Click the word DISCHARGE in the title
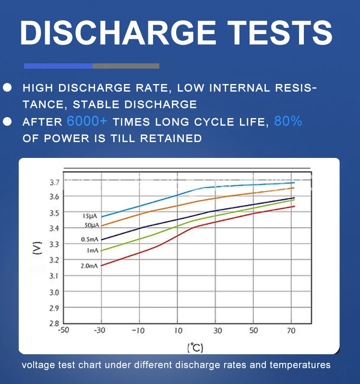point(118,33)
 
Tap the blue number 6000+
point(87,121)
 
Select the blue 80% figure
point(288,121)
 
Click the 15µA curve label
point(90,216)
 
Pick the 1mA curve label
point(92,251)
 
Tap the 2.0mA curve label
point(89,265)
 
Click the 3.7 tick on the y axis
point(54,182)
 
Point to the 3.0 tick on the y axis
point(54,292)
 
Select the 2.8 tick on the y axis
point(54,323)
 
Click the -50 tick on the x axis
point(63,330)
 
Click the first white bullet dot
point(7,87)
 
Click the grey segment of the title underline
point(126,66)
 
